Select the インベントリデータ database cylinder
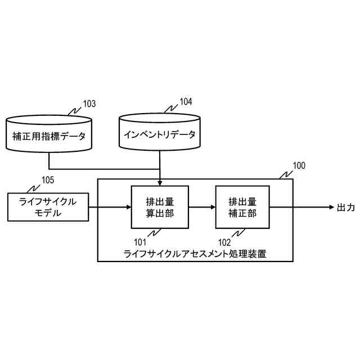coord(160,133)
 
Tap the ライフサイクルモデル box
coord(48,207)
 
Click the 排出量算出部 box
coord(160,207)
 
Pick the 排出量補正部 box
coord(242,207)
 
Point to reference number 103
coord(89,104)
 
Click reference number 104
coord(186,102)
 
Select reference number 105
coord(48,180)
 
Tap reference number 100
coord(299,165)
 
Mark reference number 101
coord(141,243)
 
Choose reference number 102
coord(225,243)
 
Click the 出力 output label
coord(345,208)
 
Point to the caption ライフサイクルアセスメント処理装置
coord(195,254)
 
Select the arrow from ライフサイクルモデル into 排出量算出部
coord(110,207)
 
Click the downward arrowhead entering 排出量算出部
coord(160,182)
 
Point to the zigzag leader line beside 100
coord(285,172)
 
